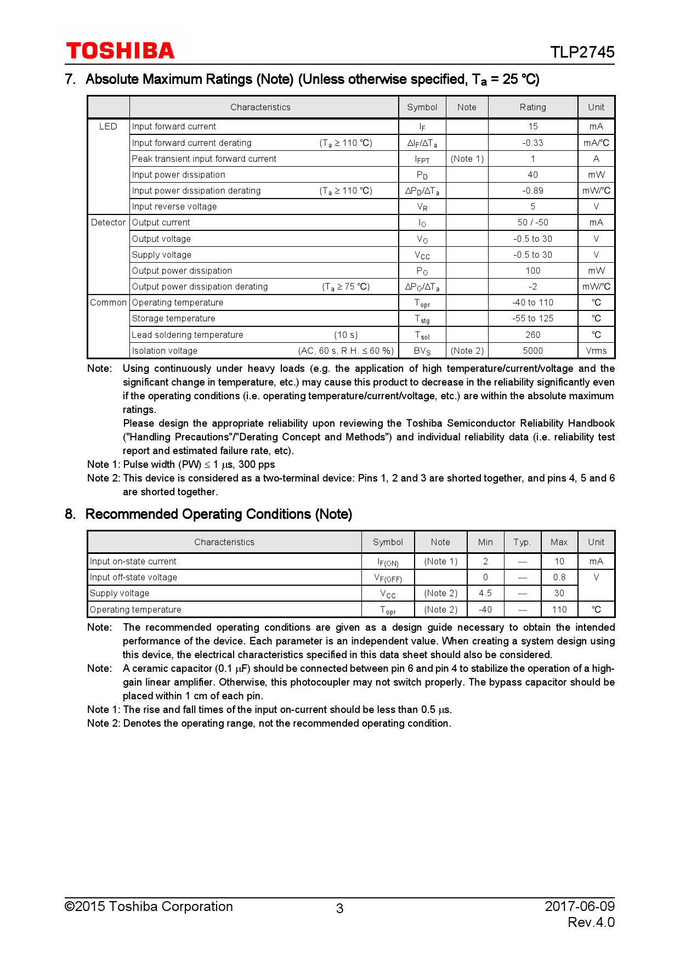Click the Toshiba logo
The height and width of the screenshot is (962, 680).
pos(120,51)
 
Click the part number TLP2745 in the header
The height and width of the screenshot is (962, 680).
pos(582,52)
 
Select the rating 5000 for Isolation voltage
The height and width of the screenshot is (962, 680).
pos(532,351)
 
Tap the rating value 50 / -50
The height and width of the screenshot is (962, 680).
pos(532,223)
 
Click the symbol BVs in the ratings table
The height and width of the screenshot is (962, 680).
pos(422,351)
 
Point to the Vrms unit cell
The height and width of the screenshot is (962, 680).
pos(596,351)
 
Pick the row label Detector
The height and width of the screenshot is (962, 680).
pos(108,223)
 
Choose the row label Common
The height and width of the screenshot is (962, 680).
pos(108,303)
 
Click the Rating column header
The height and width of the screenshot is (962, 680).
pos(532,107)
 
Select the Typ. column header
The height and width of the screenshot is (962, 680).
pos(522,542)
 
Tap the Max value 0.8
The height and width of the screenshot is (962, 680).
pos(559,578)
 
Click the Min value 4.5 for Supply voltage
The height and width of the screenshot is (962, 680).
pos(485,593)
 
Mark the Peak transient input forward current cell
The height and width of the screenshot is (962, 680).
pos(204,159)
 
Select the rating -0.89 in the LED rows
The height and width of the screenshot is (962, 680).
pos(532,191)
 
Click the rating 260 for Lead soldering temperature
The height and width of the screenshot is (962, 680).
pos(532,335)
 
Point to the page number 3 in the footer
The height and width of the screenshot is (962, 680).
pos(339,909)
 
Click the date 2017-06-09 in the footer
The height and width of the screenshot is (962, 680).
pos(579,907)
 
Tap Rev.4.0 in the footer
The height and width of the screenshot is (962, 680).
pos(591,923)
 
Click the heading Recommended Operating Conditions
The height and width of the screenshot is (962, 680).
pos(218,514)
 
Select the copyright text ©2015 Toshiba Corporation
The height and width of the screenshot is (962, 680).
pos(149,907)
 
